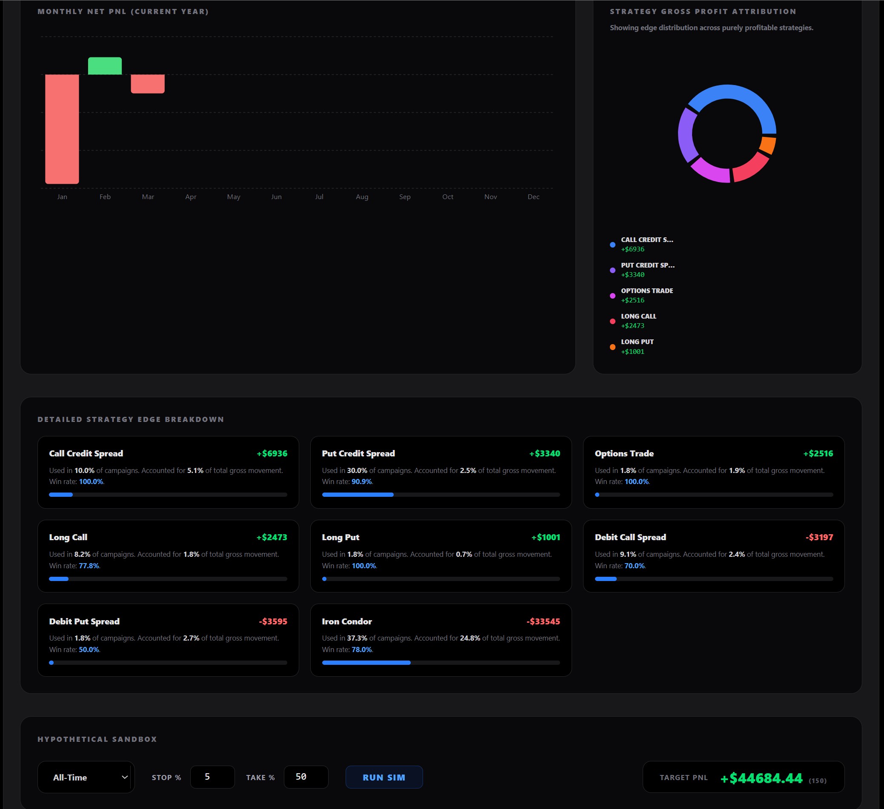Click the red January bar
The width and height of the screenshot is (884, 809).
point(62,129)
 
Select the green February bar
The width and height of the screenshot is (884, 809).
point(105,66)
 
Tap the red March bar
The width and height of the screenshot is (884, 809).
point(148,84)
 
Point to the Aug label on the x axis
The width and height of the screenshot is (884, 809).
point(362,197)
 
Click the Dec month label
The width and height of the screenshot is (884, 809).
point(533,197)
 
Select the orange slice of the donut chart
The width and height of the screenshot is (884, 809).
point(767,145)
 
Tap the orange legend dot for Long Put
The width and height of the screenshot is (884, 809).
point(612,347)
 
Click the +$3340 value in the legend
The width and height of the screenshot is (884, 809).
point(633,275)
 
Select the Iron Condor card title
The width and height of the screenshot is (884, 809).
point(346,621)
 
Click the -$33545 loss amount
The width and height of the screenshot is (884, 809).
point(543,621)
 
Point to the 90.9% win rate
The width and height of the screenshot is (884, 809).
point(362,481)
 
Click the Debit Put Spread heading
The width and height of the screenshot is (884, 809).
point(84,621)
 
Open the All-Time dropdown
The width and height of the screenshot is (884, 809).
point(86,778)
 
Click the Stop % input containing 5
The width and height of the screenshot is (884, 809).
point(212,777)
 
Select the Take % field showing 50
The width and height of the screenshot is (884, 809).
point(306,777)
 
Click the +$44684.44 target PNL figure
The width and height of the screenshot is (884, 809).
point(762,778)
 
